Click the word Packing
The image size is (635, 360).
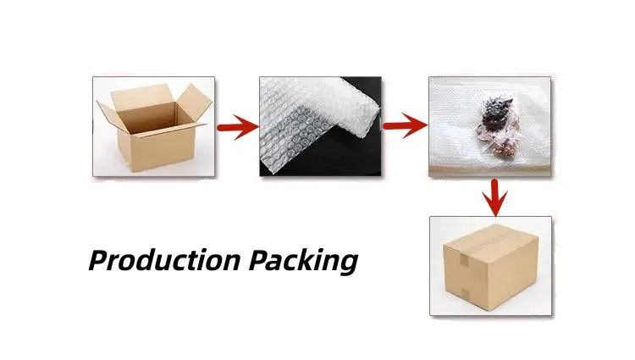coord(303,260)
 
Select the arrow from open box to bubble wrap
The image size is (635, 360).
coord(237,129)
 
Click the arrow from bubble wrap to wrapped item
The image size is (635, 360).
coord(404,128)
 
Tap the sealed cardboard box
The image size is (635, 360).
coord(491,267)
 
